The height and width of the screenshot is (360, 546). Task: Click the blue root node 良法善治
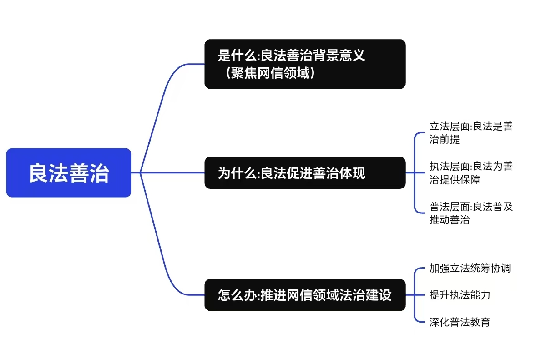[x=69, y=172]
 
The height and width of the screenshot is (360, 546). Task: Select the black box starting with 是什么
[x=304, y=64]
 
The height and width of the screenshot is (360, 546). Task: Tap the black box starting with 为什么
[x=304, y=172]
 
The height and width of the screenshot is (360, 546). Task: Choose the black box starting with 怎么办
[x=304, y=295]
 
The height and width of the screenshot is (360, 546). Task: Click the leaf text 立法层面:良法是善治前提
[x=470, y=133]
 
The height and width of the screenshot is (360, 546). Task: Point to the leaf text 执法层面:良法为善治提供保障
[x=470, y=172]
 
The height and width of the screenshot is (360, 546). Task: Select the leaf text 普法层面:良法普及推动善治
[x=470, y=213]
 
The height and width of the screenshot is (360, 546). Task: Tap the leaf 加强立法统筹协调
[x=470, y=268]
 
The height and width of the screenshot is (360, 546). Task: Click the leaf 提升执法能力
[x=460, y=295]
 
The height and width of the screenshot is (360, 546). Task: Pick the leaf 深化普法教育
[x=460, y=322]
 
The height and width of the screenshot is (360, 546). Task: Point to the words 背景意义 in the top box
[x=344, y=56]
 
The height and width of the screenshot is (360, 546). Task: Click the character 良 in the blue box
[x=39, y=173]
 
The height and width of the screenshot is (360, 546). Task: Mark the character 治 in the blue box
[x=99, y=173]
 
